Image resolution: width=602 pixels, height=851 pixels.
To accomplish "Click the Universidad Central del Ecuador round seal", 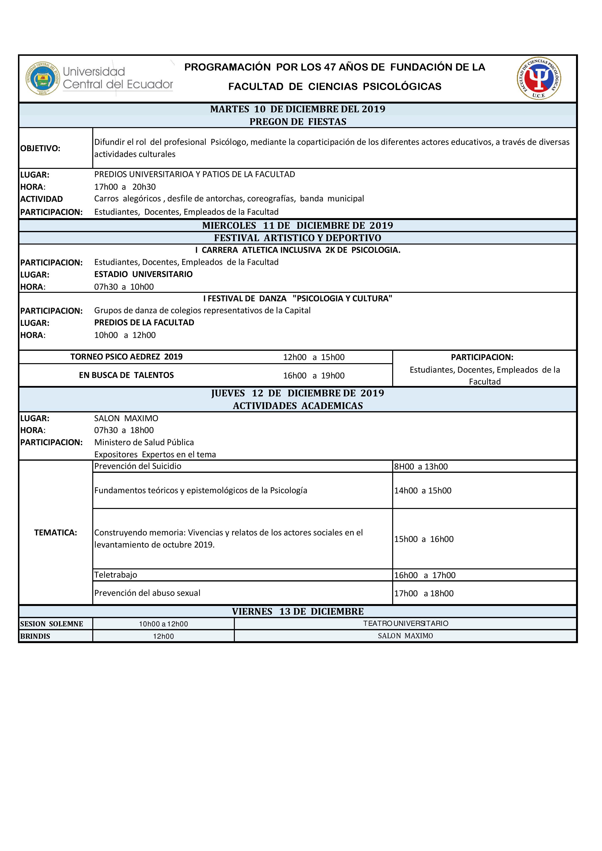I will pyautogui.click(x=43, y=78).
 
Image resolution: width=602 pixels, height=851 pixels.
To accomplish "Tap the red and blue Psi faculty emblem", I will pyautogui.click(x=539, y=78).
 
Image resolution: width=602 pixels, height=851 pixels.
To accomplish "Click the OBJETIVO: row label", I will pyautogui.click(x=40, y=148).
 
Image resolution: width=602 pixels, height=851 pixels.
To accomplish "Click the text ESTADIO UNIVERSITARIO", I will pyautogui.click(x=143, y=274).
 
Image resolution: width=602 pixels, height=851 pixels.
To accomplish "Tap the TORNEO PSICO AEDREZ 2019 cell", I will pyautogui.click(x=127, y=357).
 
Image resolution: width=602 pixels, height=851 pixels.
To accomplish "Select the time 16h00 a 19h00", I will pyautogui.click(x=314, y=376).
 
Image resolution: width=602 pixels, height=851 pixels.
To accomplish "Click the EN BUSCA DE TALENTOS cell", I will pyautogui.click(x=127, y=375).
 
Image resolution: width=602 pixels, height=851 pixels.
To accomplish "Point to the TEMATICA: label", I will pyautogui.click(x=56, y=533).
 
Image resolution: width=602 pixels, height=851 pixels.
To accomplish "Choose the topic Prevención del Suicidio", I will pyautogui.click(x=138, y=466).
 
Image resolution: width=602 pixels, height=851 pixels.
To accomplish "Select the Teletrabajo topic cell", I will pyautogui.click(x=116, y=575).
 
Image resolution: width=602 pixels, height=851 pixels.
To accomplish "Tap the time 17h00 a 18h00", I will pyautogui.click(x=424, y=593).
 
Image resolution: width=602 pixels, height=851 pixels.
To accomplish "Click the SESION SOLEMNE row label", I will pyautogui.click(x=51, y=624).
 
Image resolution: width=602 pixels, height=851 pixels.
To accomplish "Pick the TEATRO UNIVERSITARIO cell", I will pyautogui.click(x=405, y=623).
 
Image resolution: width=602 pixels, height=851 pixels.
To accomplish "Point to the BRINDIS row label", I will pyautogui.click(x=35, y=636).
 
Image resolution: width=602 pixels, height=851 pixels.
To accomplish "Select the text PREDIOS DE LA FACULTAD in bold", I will pyautogui.click(x=144, y=322).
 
